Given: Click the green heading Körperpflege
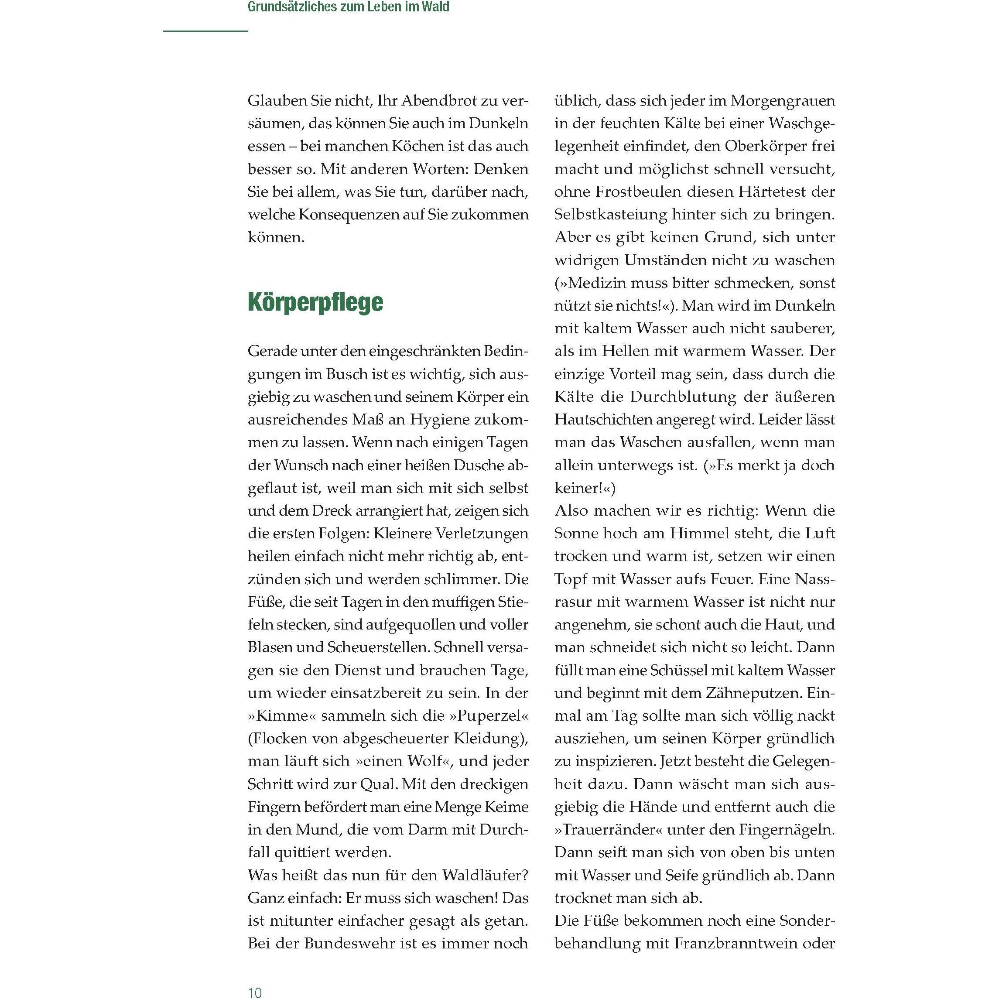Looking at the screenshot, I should [315, 302].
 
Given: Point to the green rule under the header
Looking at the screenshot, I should [206, 31].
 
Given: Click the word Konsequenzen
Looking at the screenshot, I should [355, 214].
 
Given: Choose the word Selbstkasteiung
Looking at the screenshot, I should [609, 214].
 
